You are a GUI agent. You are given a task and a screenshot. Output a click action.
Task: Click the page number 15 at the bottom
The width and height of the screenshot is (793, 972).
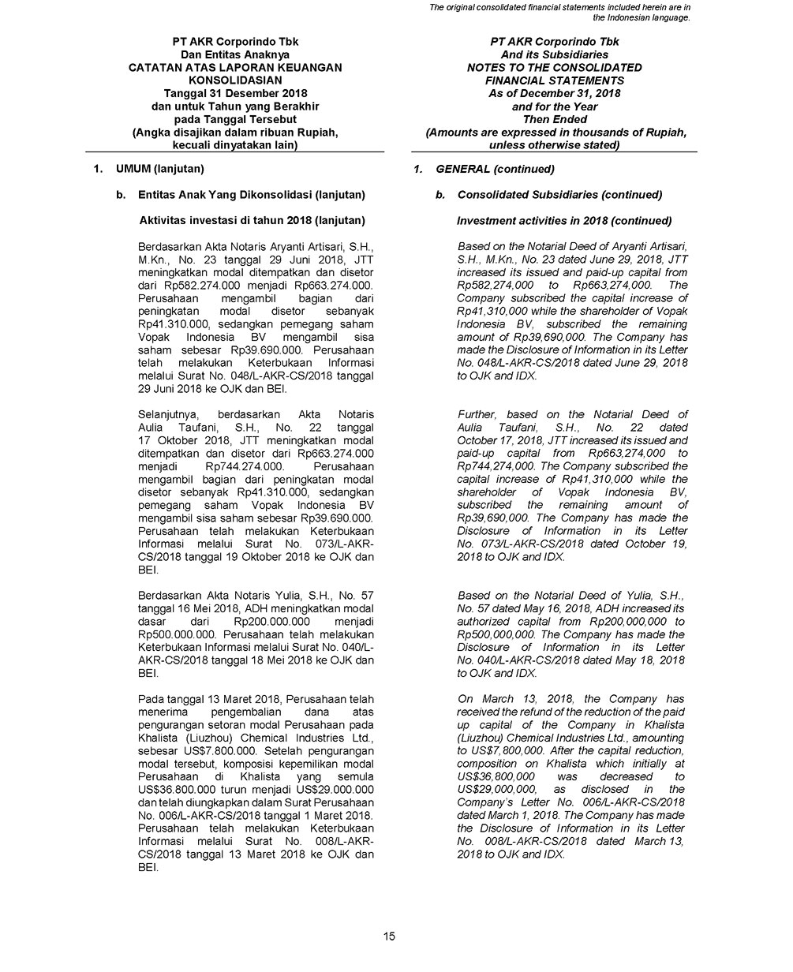pos(389,936)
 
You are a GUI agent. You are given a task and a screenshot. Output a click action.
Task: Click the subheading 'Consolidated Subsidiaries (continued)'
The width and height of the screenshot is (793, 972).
pos(559,194)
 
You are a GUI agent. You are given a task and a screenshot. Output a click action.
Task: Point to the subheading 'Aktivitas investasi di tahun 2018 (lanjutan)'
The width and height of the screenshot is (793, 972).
pos(244,220)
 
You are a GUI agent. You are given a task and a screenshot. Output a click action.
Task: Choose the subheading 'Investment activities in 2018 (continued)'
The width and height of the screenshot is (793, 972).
pos(564,220)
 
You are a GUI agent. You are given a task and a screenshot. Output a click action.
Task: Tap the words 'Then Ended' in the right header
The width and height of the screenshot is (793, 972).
pos(555,119)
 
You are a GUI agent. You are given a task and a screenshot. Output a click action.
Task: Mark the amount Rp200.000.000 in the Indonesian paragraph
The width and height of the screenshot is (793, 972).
pos(268,622)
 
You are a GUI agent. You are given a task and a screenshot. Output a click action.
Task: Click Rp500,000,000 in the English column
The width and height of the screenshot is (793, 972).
pos(497,634)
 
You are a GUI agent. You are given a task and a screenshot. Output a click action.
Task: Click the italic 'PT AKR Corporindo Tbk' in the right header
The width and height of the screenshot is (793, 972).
pos(555,42)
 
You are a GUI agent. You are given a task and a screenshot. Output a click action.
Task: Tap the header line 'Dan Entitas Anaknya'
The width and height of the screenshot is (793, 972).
pos(234,54)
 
